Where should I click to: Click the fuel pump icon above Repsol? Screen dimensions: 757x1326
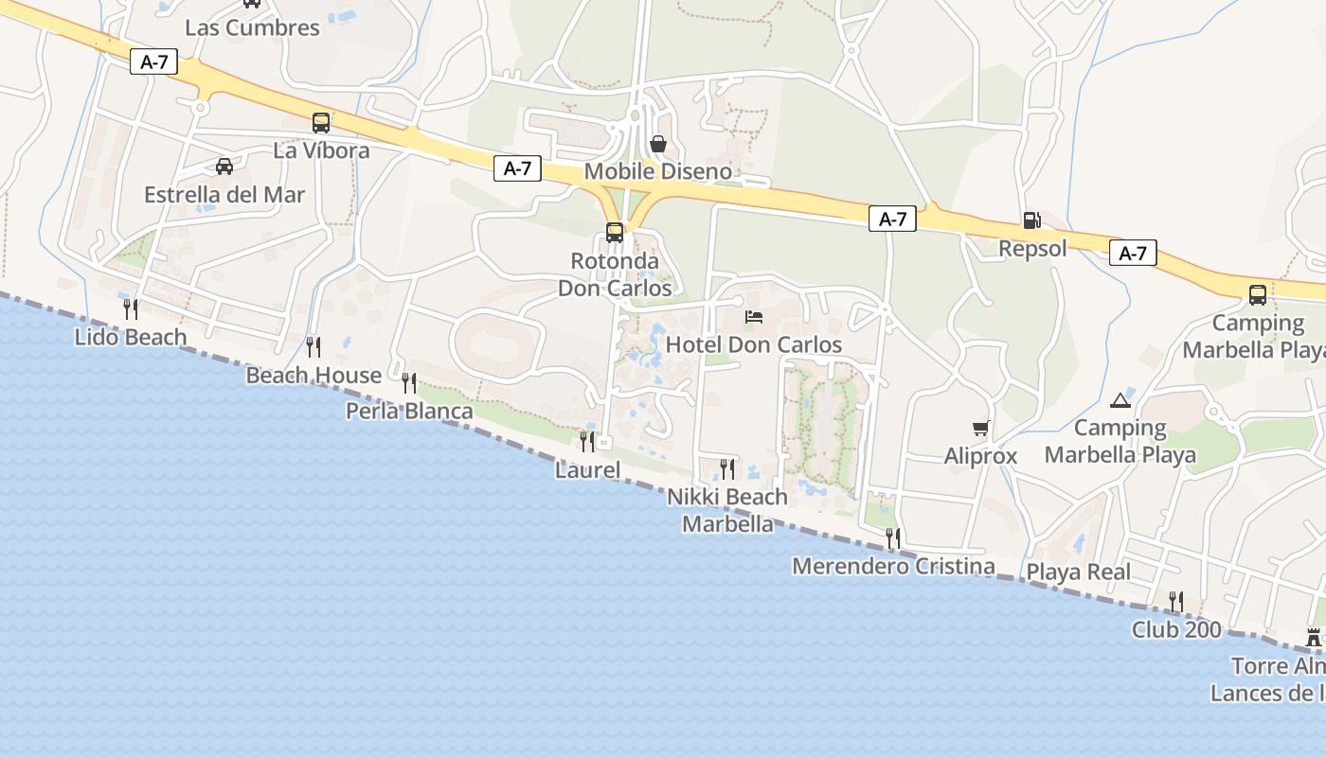coord(1031,220)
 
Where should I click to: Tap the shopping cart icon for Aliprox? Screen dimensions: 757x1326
coord(980,429)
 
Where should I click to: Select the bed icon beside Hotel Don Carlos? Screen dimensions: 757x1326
coord(754,316)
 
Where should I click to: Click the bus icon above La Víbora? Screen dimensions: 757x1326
coord(321,123)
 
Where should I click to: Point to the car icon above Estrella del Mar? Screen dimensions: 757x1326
coord(224,167)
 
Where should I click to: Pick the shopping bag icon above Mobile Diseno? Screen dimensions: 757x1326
coord(658,144)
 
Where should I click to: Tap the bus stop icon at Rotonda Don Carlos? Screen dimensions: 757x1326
coord(615,232)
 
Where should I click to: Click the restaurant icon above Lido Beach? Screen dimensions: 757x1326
coord(131,308)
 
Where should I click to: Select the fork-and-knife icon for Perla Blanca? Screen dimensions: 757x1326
coord(409,382)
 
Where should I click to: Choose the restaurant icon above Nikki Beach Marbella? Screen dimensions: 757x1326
coord(727,468)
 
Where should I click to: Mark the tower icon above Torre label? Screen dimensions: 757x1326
coord(1314,638)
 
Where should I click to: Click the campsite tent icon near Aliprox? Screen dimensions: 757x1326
coord(1120,400)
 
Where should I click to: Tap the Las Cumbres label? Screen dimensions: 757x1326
coord(252,27)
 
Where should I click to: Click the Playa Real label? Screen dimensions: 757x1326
coord(1079,572)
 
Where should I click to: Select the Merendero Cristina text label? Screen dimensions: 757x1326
coord(893,567)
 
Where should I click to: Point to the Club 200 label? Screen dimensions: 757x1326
coord(1176,629)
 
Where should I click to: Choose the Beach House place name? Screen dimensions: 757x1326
coord(314,376)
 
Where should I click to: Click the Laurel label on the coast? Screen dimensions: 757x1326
coord(587,470)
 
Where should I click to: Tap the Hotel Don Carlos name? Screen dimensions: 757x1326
coord(754,344)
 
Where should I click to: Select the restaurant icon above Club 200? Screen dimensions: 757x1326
coord(1175,601)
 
